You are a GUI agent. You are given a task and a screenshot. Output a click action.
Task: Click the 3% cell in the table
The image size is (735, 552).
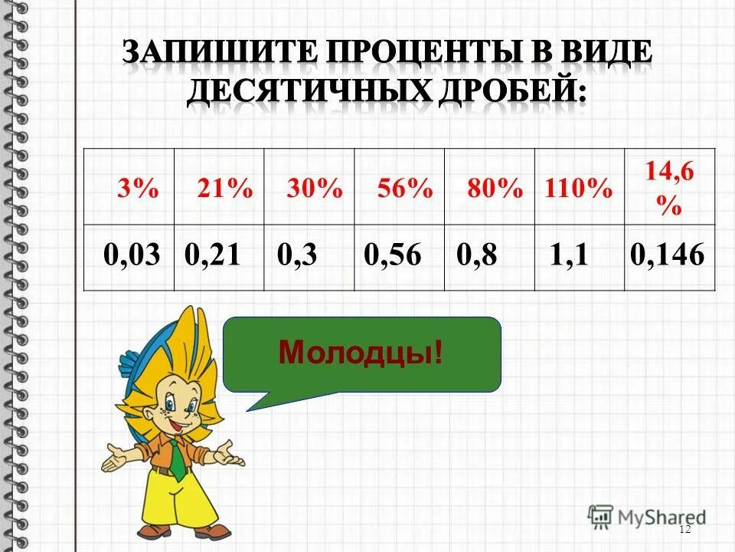137,188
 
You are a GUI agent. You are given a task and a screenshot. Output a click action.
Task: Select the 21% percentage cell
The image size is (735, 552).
224,188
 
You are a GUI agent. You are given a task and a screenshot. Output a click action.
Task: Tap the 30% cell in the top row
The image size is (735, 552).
315,188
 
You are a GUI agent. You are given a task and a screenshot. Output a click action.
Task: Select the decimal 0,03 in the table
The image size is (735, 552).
132,256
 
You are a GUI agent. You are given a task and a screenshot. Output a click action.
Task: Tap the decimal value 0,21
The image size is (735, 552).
214,256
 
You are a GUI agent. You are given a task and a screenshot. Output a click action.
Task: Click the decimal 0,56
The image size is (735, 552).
393,256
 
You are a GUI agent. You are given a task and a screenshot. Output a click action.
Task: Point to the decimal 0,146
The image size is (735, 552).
666,256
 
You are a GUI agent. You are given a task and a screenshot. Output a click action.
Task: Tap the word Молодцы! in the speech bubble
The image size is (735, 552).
361,353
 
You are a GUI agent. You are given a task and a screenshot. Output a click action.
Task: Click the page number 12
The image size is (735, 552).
684,530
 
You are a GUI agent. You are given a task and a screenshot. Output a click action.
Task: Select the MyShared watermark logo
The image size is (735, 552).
647,516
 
